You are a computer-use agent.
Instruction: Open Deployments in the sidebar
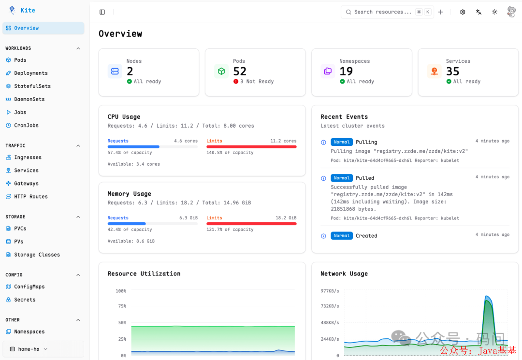[30, 73]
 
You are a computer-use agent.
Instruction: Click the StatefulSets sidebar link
[32, 86]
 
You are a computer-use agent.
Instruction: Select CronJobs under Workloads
[26, 126]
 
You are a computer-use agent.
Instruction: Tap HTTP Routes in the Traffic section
[30, 197]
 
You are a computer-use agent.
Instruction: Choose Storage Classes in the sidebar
[37, 255]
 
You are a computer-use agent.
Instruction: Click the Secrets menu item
[24, 300]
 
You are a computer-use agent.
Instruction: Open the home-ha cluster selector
[29, 349]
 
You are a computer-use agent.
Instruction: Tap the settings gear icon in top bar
[463, 12]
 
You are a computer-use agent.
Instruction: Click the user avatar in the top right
[511, 12]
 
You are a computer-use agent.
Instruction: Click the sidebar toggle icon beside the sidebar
[102, 12]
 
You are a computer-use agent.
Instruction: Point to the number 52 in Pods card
[240, 71]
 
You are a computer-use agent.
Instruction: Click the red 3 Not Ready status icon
[236, 82]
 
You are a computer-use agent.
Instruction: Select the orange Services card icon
[434, 71]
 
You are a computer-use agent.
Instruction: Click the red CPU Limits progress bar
[251, 147]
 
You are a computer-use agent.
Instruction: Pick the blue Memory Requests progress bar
[127, 224]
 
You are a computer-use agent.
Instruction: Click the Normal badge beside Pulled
[342, 178]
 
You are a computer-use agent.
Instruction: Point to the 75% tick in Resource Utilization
[122, 306]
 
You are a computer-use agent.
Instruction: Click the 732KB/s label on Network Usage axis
[330, 306]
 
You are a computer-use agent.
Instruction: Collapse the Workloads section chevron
[78, 48]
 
